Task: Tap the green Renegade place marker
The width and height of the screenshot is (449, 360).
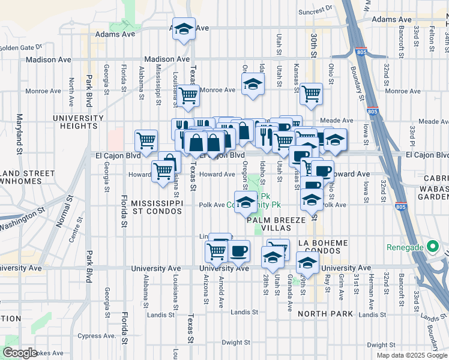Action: (x=431, y=247)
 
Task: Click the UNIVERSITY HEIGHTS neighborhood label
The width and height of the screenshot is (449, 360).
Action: (x=74, y=122)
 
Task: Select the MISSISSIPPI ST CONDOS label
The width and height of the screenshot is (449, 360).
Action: (x=157, y=208)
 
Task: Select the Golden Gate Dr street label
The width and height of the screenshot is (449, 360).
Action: (x=20, y=47)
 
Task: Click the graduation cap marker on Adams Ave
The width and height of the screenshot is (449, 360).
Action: (x=184, y=30)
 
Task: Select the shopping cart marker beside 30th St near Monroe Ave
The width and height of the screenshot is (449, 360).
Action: (x=311, y=94)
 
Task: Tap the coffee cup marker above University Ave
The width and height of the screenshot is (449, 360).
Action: (x=238, y=251)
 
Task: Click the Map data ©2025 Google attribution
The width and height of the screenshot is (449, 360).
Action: (x=411, y=355)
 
